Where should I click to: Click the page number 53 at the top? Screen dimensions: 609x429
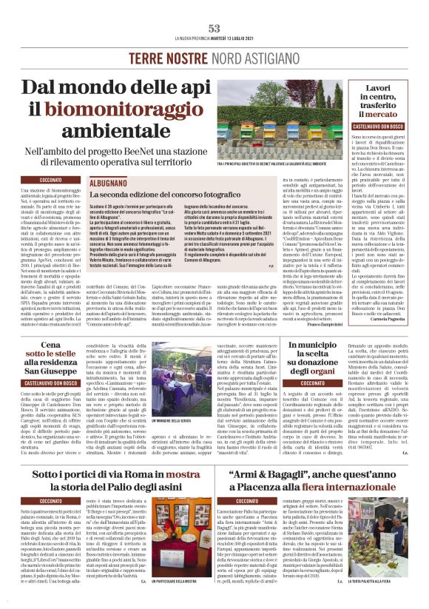pos(214,28)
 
